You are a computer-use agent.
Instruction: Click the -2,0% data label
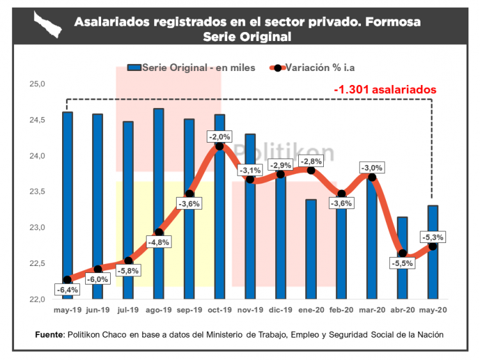220,136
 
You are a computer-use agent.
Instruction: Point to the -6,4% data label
68,290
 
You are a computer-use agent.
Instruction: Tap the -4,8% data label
159,242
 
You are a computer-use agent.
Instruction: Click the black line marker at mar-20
372,177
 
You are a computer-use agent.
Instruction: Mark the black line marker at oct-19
220,146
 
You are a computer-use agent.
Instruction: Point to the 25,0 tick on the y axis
37,84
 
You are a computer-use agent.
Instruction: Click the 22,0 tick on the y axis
37,299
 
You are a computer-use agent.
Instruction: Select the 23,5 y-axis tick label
37,191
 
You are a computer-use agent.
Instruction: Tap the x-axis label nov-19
250,310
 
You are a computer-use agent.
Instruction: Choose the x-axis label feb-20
342,310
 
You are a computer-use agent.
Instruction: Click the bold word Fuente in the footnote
49,334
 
